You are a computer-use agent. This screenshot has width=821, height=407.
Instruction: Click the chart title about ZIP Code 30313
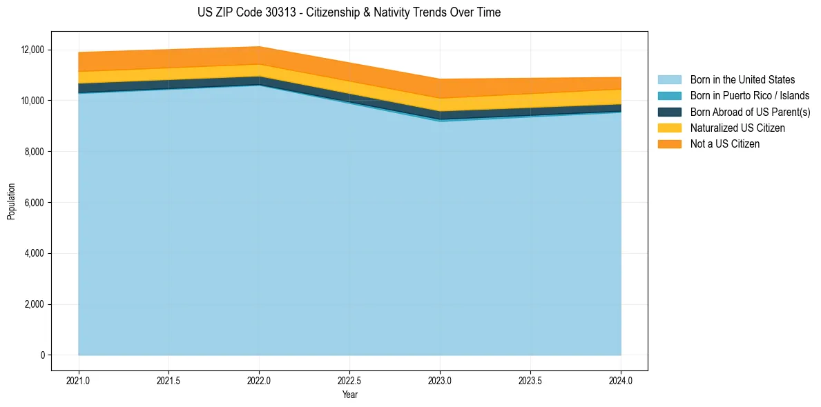click(x=349, y=12)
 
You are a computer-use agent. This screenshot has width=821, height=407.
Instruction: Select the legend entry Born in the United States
click(x=742, y=80)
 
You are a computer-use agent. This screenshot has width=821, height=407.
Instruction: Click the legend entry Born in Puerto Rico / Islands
click(x=750, y=96)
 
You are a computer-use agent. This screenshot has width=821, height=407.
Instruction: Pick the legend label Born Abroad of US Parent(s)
click(x=750, y=112)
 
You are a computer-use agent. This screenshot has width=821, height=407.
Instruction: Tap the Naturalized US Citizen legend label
click(x=737, y=128)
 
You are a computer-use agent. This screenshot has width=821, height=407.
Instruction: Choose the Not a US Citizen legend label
click(x=725, y=144)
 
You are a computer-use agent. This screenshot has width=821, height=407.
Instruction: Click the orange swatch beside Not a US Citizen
click(x=669, y=144)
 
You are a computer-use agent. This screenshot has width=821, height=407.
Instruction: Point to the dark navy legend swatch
click(x=669, y=112)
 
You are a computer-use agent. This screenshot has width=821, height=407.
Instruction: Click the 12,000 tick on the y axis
click(x=32, y=50)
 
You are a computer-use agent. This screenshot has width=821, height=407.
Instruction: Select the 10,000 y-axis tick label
click(x=32, y=101)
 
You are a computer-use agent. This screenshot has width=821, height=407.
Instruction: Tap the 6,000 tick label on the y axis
click(x=35, y=203)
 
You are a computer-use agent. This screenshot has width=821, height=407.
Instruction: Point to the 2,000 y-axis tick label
click(x=35, y=304)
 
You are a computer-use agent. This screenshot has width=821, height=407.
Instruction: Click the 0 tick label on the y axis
click(x=42, y=355)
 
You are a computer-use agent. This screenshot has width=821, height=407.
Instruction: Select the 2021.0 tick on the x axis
click(x=79, y=380)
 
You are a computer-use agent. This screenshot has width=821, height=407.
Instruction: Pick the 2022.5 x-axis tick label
click(x=349, y=380)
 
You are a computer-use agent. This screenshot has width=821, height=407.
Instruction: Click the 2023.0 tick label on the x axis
click(x=440, y=380)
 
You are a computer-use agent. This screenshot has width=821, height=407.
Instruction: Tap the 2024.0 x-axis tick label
click(x=621, y=380)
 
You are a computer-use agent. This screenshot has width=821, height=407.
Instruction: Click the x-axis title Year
click(x=349, y=395)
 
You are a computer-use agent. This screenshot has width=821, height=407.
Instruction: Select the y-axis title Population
click(x=11, y=201)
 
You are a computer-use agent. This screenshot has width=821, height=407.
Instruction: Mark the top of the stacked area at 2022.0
click(x=260, y=47)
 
